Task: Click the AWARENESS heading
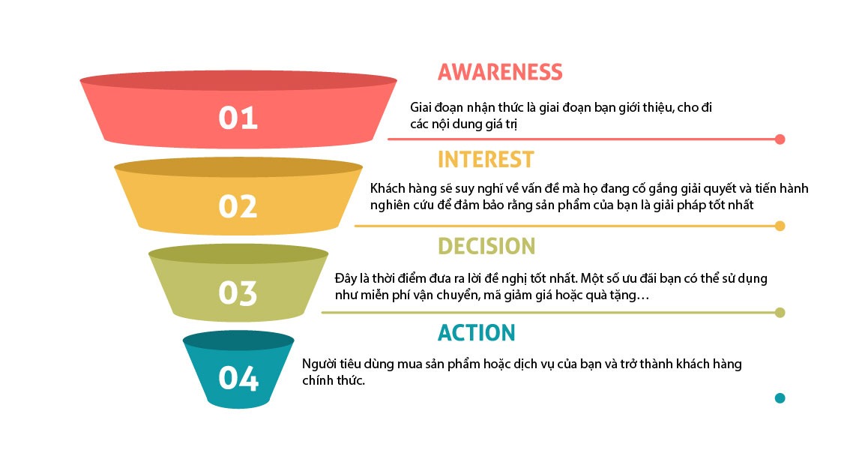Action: point(499,72)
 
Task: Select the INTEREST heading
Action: point(485,159)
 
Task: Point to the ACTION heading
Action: point(476,333)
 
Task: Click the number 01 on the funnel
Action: point(238,118)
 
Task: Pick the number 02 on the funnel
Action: point(238,206)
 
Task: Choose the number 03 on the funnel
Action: point(238,293)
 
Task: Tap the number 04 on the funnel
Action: point(238,379)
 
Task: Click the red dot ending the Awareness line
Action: point(780,139)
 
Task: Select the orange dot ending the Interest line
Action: point(780,226)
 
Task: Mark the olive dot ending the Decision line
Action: point(780,313)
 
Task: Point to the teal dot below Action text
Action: point(780,398)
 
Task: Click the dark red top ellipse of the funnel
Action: point(238,79)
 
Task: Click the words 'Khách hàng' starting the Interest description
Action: point(398,189)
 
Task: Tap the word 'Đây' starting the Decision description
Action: point(345,278)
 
